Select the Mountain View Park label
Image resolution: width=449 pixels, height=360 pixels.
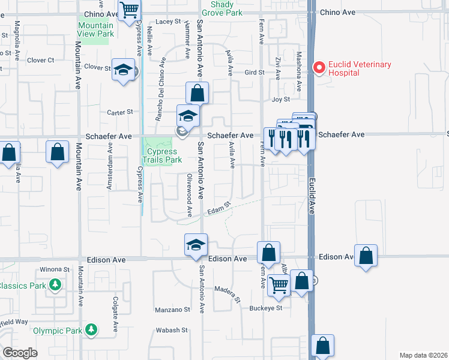95,29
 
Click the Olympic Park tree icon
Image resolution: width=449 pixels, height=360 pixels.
91,329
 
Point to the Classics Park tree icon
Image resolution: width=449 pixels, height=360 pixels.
55,285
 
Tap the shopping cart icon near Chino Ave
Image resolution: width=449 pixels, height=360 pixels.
129,10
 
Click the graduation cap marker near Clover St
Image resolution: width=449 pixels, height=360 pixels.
123,70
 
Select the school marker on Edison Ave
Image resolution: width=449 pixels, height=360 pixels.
196,245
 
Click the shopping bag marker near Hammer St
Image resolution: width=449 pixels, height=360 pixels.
197,94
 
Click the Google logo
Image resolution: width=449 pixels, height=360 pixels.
20,352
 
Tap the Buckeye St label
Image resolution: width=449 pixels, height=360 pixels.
267,308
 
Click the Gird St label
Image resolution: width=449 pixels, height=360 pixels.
255,73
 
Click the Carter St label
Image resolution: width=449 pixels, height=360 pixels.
120,112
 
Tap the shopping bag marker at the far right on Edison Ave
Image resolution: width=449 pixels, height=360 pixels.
366,255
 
